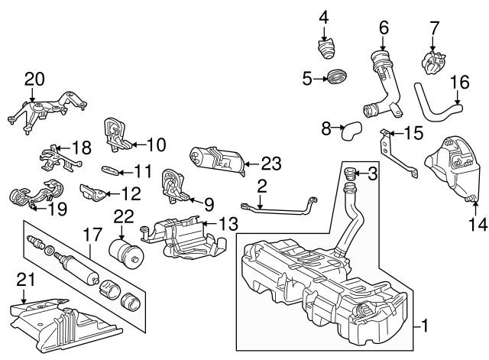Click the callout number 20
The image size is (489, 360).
click(x=34, y=79)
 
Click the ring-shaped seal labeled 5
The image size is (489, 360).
click(x=335, y=76)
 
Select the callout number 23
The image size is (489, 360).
click(x=271, y=163)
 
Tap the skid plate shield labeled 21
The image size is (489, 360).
click(x=65, y=319)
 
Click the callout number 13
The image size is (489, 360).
click(x=228, y=223)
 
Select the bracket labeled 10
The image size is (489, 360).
click(x=115, y=133)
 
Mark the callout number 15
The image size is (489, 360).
click(x=413, y=133)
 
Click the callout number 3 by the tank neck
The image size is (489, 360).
click(x=372, y=174)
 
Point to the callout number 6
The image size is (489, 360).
click(x=384, y=28)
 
